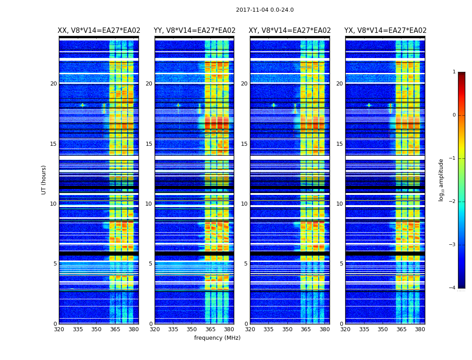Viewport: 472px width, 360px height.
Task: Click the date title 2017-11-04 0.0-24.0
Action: click(x=265, y=10)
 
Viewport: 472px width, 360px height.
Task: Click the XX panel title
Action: click(x=99, y=31)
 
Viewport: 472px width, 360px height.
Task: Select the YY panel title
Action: click(x=195, y=31)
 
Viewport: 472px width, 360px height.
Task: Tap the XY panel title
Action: click(x=290, y=31)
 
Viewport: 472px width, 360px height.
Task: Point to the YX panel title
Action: click(x=385, y=31)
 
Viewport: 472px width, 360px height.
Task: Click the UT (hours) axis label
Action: click(x=44, y=180)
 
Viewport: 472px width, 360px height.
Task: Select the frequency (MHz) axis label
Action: click(x=217, y=338)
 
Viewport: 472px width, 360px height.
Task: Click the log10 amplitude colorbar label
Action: click(x=441, y=180)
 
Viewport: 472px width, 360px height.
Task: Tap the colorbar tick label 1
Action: click(x=454, y=72)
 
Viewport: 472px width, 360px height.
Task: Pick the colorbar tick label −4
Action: click(x=453, y=288)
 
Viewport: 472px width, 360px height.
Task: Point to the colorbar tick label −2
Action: click(x=453, y=202)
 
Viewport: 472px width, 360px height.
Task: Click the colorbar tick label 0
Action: click(x=454, y=115)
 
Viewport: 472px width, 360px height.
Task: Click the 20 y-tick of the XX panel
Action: click(x=53, y=84)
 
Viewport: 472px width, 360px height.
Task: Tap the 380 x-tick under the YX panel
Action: click(x=420, y=329)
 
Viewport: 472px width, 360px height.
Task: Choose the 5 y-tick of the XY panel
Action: click(x=246, y=264)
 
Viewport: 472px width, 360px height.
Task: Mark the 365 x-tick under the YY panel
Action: click(x=210, y=329)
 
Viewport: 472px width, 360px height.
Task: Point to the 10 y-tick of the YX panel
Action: click(x=339, y=204)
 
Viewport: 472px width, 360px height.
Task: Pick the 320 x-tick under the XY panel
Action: click(x=250, y=329)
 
